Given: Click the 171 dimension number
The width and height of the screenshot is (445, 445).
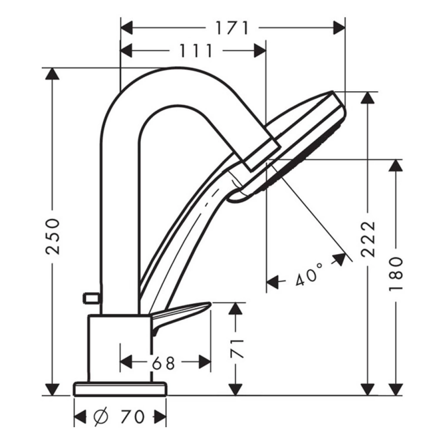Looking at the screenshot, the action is pyautogui.click(x=232, y=28).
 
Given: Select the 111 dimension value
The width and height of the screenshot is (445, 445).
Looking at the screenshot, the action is pyautogui.click(x=196, y=51).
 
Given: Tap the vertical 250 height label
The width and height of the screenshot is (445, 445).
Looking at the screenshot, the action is pyautogui.click(x=53, y=236).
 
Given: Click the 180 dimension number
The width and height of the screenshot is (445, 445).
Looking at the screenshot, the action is pyautogui.click(x=396, y=274).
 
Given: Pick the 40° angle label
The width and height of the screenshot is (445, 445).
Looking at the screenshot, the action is pyautogui.click(x=309, y=274).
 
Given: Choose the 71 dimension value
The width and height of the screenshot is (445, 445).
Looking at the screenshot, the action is pyautogui.click(x=236, y=349).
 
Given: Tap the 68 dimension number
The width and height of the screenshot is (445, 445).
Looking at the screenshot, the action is pyautogui.click(x=163, y=363).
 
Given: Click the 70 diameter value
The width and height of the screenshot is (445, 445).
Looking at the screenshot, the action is pyautogui.click(x=133, y=417).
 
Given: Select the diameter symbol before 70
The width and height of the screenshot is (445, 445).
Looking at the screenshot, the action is pyautogui.click(x=101, y=417).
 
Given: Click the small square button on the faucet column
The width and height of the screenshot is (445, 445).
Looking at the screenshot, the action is pyautogui.click(x=91, y=298).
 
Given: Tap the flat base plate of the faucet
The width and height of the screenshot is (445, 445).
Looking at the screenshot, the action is pyautogui.click(x=120, y=389).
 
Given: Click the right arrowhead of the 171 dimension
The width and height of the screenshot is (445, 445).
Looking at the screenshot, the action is pyautogui.click(x=339, y=28).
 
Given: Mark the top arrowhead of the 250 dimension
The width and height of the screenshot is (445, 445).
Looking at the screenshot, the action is pyautogui.click(x=52, y=74).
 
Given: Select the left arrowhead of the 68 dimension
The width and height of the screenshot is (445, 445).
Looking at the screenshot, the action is pyautogui.click(x=126, y=362).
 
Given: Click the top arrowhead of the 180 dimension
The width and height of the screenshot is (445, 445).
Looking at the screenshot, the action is pyautogui.click(x=395, y=166).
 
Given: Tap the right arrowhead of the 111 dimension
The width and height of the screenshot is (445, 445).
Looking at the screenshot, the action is pyautogui.click(x=260, y=51).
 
